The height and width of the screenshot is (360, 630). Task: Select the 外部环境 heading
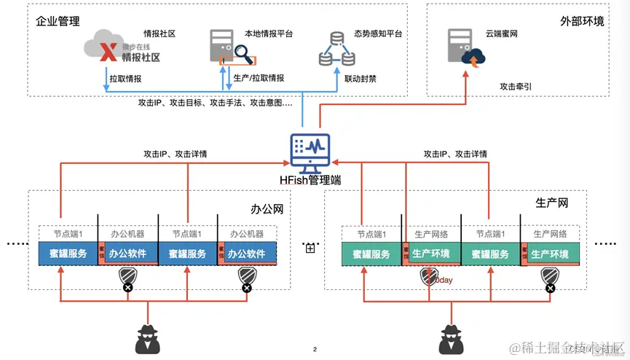583,21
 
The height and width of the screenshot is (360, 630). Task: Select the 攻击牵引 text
516,86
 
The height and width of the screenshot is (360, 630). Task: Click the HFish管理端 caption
310,180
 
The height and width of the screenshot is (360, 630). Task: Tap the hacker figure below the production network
452,339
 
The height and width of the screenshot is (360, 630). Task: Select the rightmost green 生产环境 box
555,254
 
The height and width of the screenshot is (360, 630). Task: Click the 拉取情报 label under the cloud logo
125,77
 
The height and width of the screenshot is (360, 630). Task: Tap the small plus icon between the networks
310,249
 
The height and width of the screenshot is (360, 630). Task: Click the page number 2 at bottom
315,350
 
